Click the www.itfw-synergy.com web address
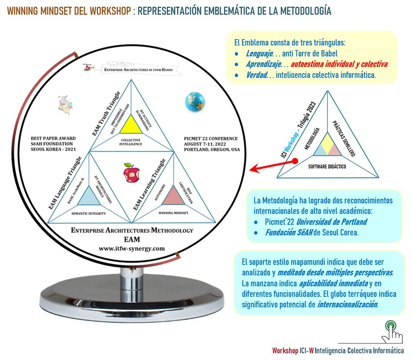132,248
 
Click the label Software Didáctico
327,166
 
